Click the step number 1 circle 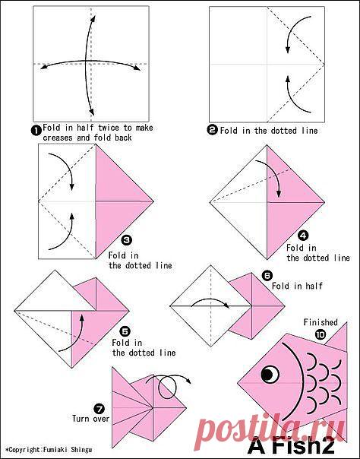point(36,130)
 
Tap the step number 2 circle point(213,130)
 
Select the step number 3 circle point(127,240)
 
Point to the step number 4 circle point(303,236)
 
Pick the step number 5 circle point(125,331)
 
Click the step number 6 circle point(267,275)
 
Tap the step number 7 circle point(99,408)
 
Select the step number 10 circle point(321,334)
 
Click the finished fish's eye point(270,375)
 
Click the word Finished point(321,322)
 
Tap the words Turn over point(90,418)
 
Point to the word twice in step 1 point(109,128)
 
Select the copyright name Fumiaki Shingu point(68,450)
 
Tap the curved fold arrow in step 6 point(210,299)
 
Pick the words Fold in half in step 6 point(297,286)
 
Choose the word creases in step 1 point(58,138)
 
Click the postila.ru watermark point(270,429)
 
